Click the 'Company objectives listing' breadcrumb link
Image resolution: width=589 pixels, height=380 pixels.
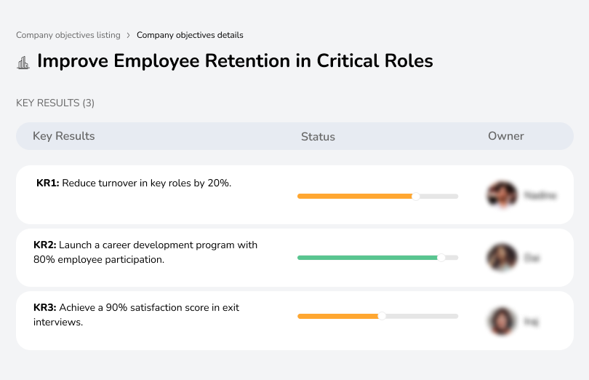68,35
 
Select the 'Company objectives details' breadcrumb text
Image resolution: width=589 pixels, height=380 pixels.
190,35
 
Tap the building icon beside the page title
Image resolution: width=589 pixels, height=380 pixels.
23,63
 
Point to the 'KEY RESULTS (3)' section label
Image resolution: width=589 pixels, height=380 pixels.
55,103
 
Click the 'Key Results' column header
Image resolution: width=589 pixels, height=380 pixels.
64,136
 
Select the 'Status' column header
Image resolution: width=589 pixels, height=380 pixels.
318,136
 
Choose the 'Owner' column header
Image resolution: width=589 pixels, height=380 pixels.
506,136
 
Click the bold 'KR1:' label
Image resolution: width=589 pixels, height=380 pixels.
48,183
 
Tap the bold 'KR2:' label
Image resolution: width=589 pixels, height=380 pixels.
45,245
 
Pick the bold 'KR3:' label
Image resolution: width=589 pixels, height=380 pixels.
45,308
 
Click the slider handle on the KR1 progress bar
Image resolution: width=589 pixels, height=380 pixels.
416,196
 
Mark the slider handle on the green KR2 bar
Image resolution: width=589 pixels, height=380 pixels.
441,258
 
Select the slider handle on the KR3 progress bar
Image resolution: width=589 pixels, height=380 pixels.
382,316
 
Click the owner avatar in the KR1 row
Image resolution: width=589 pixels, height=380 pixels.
502,195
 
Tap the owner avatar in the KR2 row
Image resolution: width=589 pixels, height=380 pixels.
502,258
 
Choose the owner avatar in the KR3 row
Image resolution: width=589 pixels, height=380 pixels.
502,320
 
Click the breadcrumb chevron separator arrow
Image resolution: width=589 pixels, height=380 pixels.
129,35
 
